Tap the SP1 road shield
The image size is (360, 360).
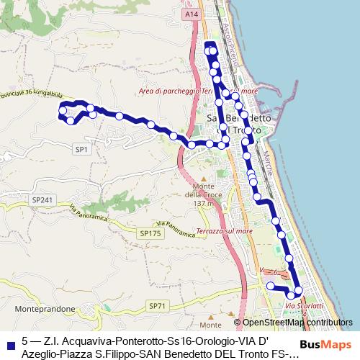click(x=81, y=149)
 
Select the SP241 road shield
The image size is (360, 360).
click(x=42, y=199)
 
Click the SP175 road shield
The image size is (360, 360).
click(x=150, y=233)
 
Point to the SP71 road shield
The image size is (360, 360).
click(x=157, y=306)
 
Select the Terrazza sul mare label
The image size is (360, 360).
click(x=224, y=231)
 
